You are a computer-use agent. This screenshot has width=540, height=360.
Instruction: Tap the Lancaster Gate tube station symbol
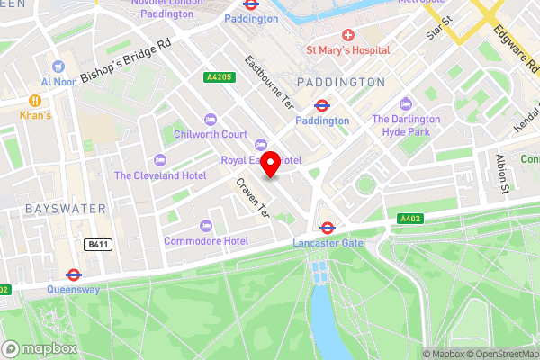coord(327,229)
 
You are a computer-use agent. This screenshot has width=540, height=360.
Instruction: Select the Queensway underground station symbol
coord(74,274)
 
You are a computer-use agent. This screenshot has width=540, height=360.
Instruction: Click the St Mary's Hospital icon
coord(346,34)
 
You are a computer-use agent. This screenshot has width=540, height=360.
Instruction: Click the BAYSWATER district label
coord(53,208)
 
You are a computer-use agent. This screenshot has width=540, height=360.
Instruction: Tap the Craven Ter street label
coord(253,197)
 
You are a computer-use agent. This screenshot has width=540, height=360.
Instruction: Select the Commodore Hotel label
coord(206,241)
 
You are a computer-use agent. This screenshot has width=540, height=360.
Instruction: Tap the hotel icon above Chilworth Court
coord(211,120)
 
